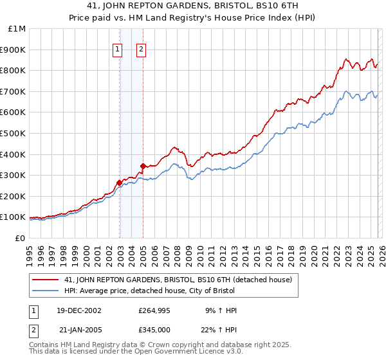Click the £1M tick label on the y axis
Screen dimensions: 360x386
15,29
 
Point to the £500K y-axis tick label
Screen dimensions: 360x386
13,133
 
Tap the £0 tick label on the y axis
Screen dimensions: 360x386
19,238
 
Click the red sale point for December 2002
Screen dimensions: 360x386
120,182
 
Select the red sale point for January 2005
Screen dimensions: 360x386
143,165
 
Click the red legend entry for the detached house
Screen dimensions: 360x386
178,280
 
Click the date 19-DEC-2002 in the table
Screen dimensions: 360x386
79,310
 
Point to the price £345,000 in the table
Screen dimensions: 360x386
154,329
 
